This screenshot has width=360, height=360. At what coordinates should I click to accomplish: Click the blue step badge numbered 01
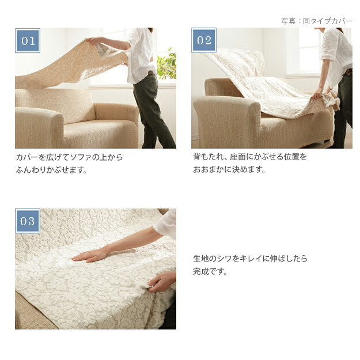[28, 41]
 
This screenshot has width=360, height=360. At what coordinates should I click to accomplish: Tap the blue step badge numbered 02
[204, 40]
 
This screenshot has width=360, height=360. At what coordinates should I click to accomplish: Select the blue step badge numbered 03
[28, 221]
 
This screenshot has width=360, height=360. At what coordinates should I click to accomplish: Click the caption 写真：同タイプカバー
[317, 21]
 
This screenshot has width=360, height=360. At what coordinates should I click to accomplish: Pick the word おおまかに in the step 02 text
[212, 170]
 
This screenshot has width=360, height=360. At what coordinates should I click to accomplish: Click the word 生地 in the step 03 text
[200, 259]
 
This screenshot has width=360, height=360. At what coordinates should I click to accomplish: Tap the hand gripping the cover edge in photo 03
[161, 282]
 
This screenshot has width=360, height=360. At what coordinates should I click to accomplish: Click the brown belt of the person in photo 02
[348, 72]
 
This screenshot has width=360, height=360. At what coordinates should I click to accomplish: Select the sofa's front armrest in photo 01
[39, 127]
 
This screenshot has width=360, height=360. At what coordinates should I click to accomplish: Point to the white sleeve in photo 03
[166, 224]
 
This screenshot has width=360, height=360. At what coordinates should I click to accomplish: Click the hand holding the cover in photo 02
[318, 93]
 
